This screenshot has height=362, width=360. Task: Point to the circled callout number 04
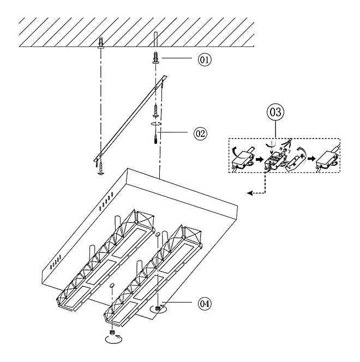189,301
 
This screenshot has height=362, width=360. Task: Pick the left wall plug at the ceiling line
101,43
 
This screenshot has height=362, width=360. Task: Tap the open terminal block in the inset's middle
276,159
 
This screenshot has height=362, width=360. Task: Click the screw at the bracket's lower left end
101,168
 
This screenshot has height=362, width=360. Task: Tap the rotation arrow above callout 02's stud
156,125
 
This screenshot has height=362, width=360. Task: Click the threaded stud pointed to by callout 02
157,136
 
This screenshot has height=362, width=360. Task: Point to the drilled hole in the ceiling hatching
157,39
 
